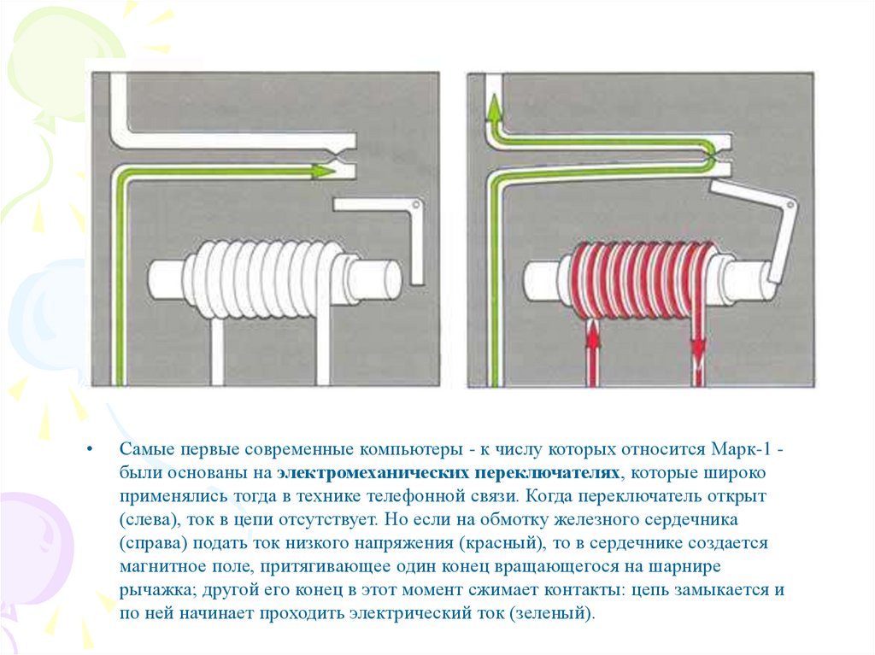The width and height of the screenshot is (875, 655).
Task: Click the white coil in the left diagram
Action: (x=270, y=277)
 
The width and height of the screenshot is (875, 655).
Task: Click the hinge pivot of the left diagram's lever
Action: (x=415, y=205)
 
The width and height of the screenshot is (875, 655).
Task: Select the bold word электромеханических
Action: (x=367, y=472)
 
